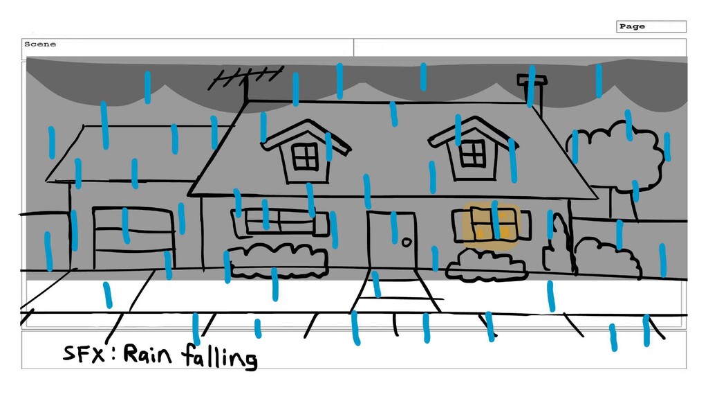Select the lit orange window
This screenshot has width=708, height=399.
(491, 224)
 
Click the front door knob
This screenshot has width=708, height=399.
(406, 242)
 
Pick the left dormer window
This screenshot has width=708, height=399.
(304, 157)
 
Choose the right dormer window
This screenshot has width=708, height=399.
(473, 152)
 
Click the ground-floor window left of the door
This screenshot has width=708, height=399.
(280, 222)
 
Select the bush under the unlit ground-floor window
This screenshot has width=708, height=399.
(278, 260)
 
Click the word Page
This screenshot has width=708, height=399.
(632, 26)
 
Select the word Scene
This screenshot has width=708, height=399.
(40, 44)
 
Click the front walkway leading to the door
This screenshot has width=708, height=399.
(396, 291)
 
